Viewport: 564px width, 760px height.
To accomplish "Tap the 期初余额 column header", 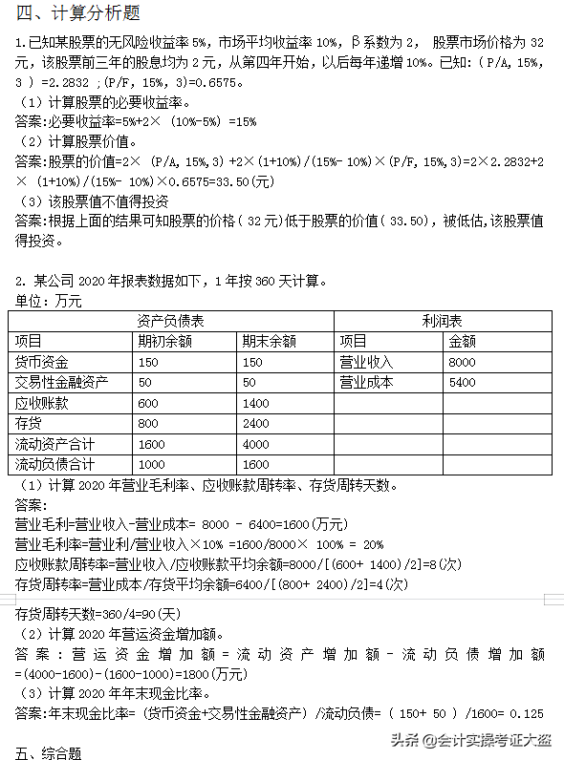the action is (x=165, y=341).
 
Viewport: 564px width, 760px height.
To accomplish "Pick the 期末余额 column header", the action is (x=269, y=341).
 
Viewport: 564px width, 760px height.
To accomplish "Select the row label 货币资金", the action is (x=42, y=362).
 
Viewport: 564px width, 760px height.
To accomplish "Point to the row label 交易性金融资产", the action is (x=61, y=382).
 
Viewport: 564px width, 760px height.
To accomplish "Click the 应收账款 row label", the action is (x=42, y=403).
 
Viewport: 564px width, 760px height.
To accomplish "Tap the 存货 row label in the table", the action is (x=29, y=423).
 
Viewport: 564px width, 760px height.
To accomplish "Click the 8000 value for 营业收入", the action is (x=462, y=362).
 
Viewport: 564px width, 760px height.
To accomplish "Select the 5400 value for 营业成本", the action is (x=462, y=382).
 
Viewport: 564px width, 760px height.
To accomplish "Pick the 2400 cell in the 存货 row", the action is (x=256, y=423).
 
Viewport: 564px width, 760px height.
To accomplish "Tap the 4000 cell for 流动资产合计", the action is (x=256, y=444).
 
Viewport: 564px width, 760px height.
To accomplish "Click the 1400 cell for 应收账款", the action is (x=256, y=403).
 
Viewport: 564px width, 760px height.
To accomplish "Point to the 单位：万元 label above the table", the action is (x=49, y=301).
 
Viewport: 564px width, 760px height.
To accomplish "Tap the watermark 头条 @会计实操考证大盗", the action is (x=469, y=739).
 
